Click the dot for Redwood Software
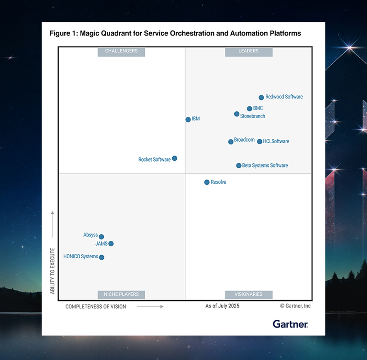[x=261, y=97]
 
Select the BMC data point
[x=249, y=109]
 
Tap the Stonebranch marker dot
[x=237, y=114]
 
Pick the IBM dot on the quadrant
[x=188, y=119]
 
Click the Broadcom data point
[x=231, y=142]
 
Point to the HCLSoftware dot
[x=259, y=141]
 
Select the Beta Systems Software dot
[x=239, y=166]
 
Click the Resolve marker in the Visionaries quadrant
[x=207, y=182]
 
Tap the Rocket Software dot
[x=174, y=158]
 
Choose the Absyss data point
[x=101, y=237]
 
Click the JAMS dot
[x=111, y=243]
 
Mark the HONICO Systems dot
[x=101, y=257]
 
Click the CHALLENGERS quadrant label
[x=121, y=52]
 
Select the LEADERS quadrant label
[x=249, y=52]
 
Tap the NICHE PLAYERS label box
[x=121, y=295]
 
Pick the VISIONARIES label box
[x=249, y=295]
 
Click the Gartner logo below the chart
[x=290, y=324]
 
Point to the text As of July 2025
[x=222, y=306]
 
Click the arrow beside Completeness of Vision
[x=150, y=307]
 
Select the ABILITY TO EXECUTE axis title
[x=53, y=271]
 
